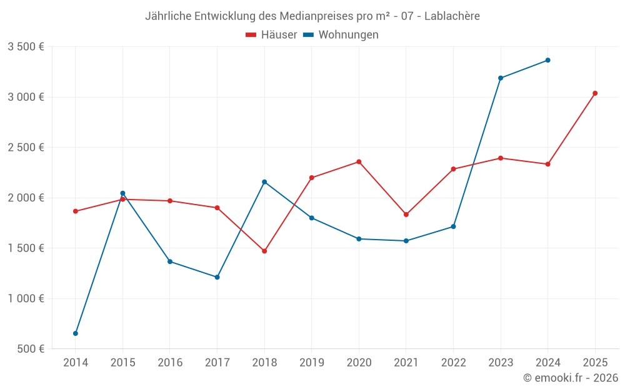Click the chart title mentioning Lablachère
pos(312,16)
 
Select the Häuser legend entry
pos(271,35)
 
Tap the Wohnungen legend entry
pos(341,35)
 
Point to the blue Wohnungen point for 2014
pos(76,333)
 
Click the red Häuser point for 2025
pos(595,93)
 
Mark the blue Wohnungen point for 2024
pos(547,60)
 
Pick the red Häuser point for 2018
pos(264,251)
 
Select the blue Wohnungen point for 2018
pos(264,182)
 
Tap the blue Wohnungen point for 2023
pos(501,78)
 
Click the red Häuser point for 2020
pos(359,162)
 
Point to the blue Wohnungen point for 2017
pos(217,277)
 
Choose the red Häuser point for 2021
pos(406,215)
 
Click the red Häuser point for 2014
pos(76,211)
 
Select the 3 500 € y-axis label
pos(26,47)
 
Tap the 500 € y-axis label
pos(30,349)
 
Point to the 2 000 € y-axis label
pos(26,198)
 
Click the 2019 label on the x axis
pos(311,363)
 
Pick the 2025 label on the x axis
pos(595,363)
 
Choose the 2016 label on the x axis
pos(170,363)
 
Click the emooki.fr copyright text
pos(570,378)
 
